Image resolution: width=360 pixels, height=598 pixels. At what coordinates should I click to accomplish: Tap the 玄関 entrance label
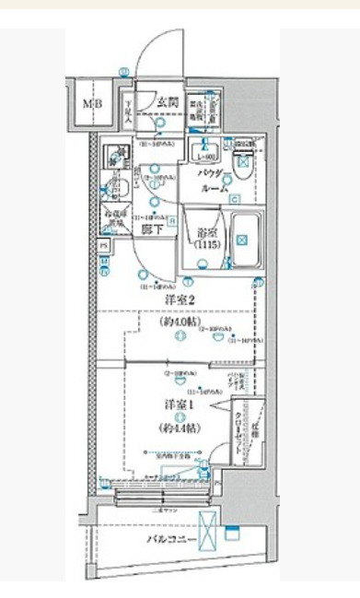[x=166, y=101]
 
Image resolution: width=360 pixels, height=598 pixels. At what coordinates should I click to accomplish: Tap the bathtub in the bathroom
[x=242, y=240]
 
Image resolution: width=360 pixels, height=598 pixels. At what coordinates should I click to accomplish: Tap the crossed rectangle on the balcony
[x=211, y=530]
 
